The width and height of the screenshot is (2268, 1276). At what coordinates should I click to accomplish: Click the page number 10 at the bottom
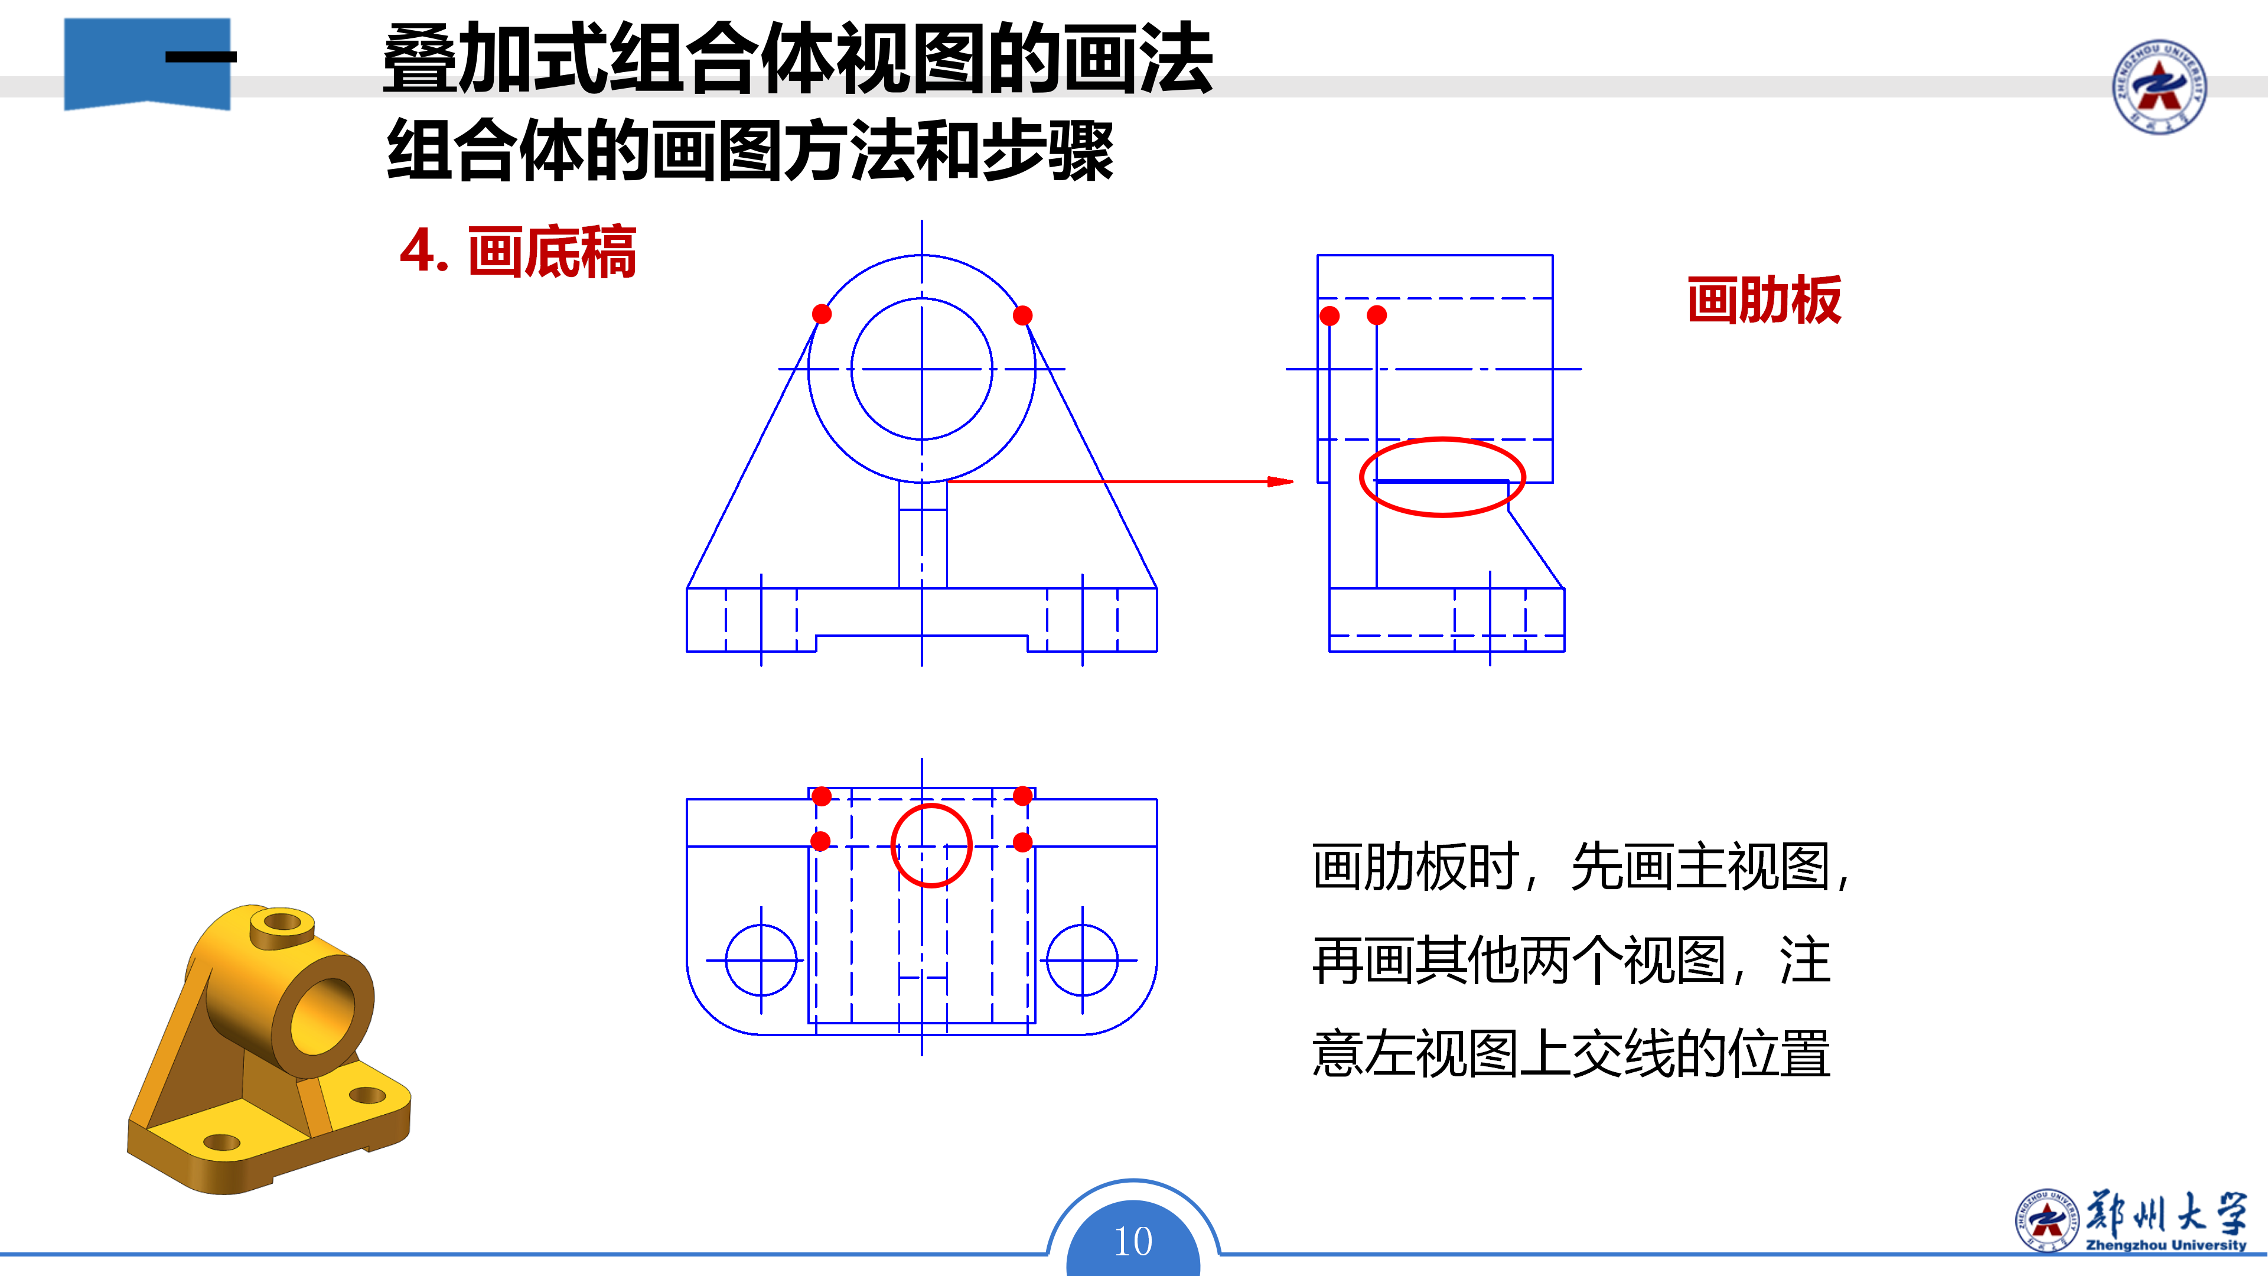pyautogui.click(x=1133, y=1242)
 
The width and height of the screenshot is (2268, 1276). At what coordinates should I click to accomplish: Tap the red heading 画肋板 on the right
pyautogui.click(x=1764, y=300)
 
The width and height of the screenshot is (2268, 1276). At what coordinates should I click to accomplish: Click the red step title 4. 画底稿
pyautogui.click(x=518, y=252)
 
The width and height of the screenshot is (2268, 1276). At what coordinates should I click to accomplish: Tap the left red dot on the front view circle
pyautogui.click(x=822, y=314)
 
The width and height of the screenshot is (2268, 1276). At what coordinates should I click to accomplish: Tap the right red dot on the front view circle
pyautogui.click(x=1022, y=315)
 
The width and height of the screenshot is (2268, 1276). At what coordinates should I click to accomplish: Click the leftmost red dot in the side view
pyautogui.click(x=1329, y=315)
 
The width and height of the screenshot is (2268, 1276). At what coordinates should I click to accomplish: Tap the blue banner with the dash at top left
pyautogui.click(x=147, y=63)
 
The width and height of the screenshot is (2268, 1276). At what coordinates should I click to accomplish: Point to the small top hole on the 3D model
pyautogui.click(x=282, y=923)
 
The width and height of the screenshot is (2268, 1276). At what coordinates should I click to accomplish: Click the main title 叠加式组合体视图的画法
pyautogui.click(x=798, y=59)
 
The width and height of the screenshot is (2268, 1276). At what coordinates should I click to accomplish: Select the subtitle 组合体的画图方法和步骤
pyautogui.click(x=750, y=151)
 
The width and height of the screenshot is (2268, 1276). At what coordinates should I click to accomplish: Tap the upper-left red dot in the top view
pyautogui.click(x=822, y=796)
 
